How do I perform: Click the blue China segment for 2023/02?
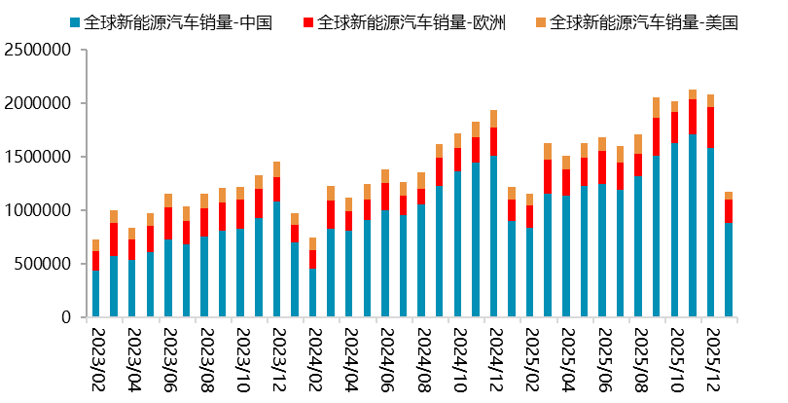(96, 293)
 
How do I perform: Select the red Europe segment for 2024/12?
(493, 141)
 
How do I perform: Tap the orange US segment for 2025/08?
(637, 144)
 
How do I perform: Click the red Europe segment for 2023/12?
(276, 189)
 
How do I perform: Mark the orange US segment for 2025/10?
(673, 107)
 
